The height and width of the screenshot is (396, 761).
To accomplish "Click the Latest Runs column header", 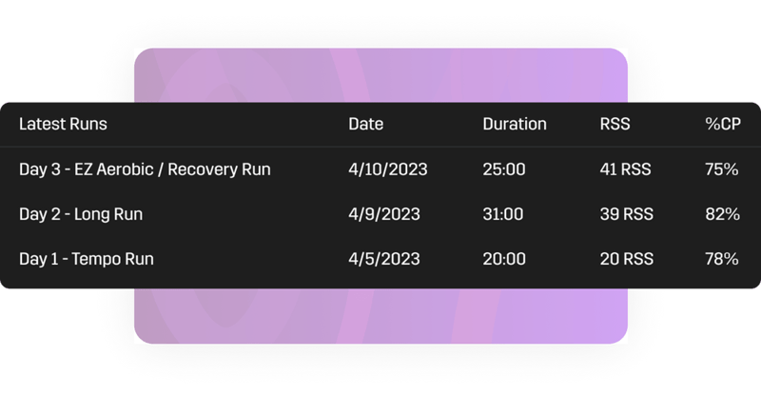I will pyautogui.click(x=63, y=124).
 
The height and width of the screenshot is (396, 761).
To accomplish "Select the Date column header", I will pyautogui.click(x=366, y=124).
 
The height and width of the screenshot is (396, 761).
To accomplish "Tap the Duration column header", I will pyautogui.click(x=515, y=124).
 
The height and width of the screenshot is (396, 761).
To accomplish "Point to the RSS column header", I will pyautogui.click(x=615, y=124).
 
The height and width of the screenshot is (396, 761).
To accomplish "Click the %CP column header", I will pyautogui.click(x=719, y=124).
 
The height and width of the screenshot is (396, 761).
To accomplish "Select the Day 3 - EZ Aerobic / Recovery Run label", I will pyautogui.click(x=145, y=169).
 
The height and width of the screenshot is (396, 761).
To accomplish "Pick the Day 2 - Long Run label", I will pyautogui.click(x=81, y=214).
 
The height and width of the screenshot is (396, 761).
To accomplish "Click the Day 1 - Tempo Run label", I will pyautogui.click(x=87, y=259).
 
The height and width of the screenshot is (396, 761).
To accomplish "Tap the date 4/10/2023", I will pyautogui.click(x=388, y=169).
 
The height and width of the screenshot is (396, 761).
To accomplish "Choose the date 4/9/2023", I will pyautogui.click(x=383, y=214).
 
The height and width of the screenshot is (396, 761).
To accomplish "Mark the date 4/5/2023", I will pyautogui.click(x=383, y=259).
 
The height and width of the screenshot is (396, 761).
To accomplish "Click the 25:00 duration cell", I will pyautogui.click(x=503, y=169).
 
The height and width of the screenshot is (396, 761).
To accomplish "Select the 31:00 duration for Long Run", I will pyautogui.click(x=502, y=214).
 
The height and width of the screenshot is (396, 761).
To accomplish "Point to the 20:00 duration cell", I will pyautogui.click(x=503, y=259).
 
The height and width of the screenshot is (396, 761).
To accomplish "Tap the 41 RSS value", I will pyautogui.click(x=626, y=169).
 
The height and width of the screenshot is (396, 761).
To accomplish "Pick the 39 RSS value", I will pyautogui.click(x=626, y=214).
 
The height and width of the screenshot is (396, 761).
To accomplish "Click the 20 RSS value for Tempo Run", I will pyautogui.click(x=626, y=259).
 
